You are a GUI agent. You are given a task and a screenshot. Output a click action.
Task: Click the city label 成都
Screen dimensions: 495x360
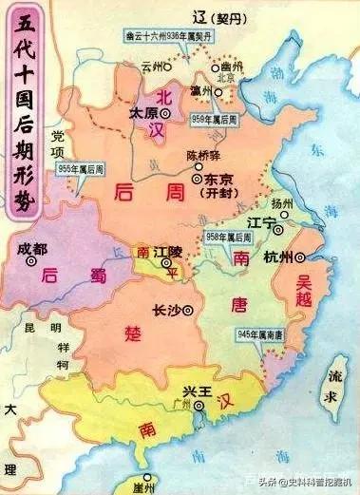[x=32, y=249]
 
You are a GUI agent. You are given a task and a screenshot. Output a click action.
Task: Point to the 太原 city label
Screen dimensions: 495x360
[x=141, y=112]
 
